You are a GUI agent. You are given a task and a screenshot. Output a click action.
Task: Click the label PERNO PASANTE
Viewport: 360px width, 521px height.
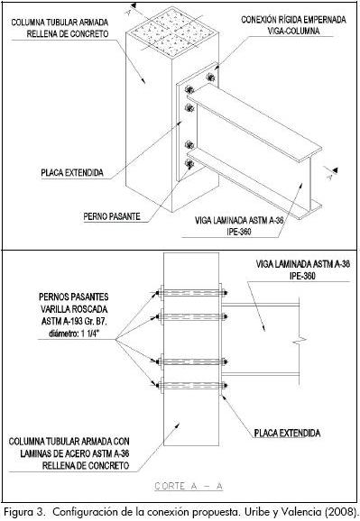point(112,216)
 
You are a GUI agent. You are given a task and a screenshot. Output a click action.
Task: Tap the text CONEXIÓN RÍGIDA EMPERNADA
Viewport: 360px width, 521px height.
point(293,20)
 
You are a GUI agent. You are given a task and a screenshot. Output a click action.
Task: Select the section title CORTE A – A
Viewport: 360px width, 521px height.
point(189,486)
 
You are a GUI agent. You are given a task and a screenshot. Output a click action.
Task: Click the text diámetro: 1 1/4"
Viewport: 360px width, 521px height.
point(74,334)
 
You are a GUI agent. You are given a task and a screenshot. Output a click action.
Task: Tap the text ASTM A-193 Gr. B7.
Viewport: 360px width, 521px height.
point(74,322)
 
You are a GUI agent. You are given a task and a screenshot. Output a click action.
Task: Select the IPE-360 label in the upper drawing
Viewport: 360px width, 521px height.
point(239,232)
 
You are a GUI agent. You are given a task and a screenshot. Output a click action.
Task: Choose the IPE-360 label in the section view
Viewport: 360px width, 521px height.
point(302,276)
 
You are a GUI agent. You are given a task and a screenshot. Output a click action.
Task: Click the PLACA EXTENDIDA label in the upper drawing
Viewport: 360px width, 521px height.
point(72,173)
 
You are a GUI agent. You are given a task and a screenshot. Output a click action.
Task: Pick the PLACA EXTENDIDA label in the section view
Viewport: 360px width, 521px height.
point(287,433)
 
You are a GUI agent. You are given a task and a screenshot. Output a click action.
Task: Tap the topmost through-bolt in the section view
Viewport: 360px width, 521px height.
point(191,293)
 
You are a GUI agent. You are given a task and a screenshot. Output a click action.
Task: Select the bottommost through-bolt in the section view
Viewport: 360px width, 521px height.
point(191,386)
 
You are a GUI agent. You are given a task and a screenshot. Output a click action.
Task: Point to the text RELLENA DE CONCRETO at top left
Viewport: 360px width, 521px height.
point(68,34)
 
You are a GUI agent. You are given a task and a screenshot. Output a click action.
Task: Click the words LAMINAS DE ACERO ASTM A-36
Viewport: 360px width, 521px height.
point(75,453)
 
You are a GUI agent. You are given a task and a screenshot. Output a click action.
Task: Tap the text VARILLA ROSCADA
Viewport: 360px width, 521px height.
point(74,309)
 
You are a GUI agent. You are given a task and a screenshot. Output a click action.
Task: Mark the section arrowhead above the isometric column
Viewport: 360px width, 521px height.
point(134,5)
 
